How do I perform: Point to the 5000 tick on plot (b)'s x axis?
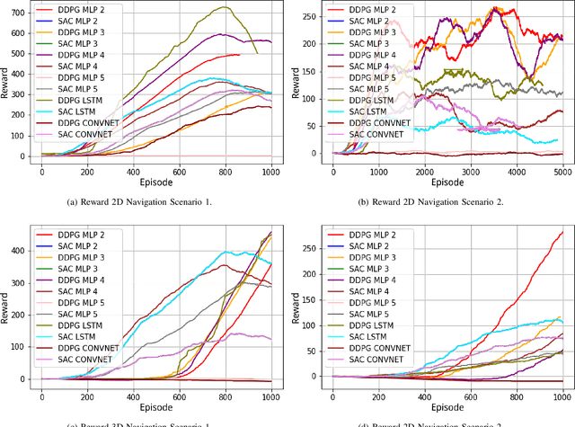562,171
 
